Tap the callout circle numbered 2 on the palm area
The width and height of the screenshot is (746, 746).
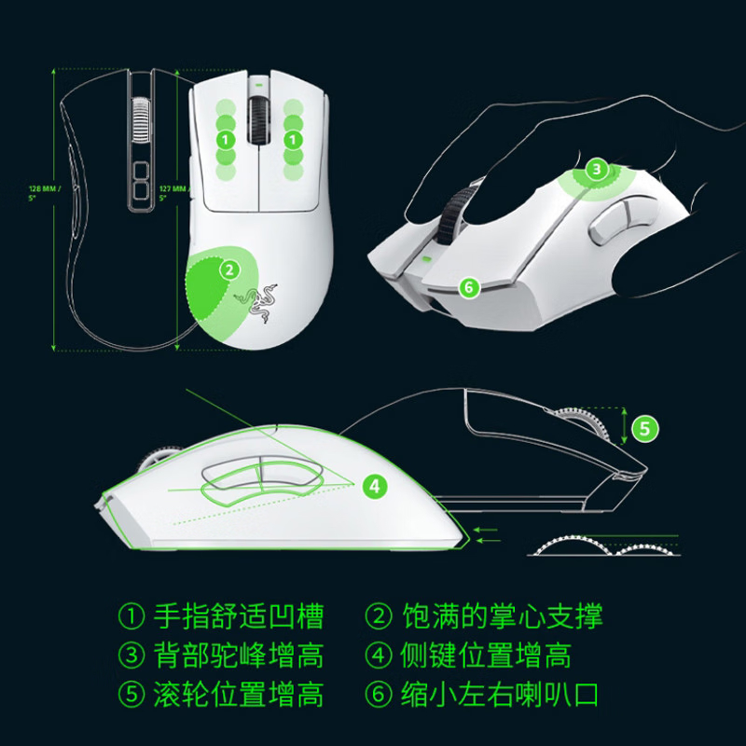pyautogui.click(x=227, y=270)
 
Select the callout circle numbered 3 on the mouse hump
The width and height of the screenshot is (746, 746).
pyautogui.click(x=598, y=170)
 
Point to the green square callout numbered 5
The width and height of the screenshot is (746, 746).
pyautogui.click(x=645, y=429)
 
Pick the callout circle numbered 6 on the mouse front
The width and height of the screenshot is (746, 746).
pyautogui.click(x=470, y=288)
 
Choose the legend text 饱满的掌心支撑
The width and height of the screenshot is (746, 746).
pyautogui.click(x=502, y=616)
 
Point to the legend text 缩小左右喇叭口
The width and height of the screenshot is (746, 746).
pyautogui.click(x=502, y=696)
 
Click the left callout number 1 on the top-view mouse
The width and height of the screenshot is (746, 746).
pyautogui.click(x=223, y=140)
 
